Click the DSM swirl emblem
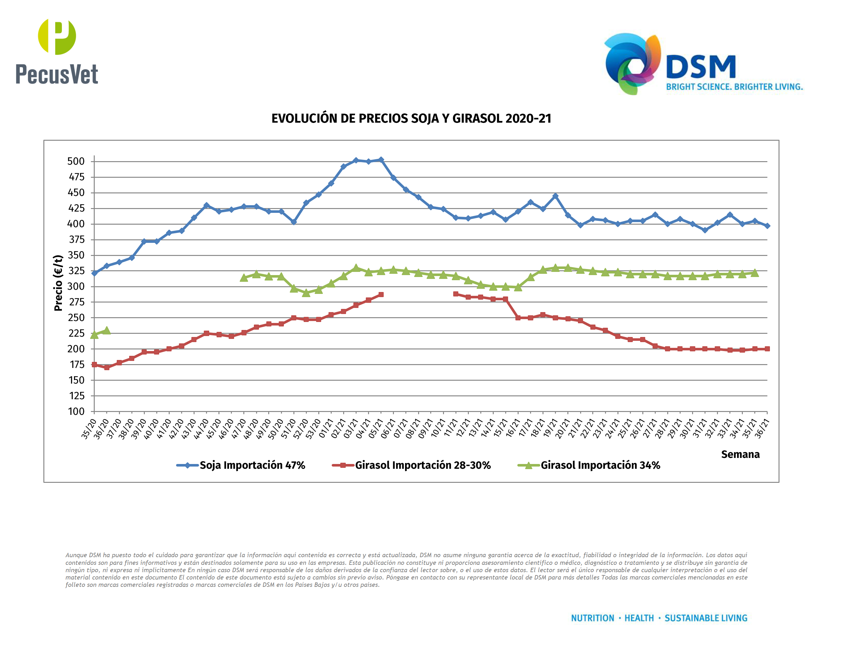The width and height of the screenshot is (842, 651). tap(632, 64)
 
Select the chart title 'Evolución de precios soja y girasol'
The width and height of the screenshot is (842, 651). tap(411, 118)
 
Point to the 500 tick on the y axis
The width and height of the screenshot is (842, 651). tap(76, 161)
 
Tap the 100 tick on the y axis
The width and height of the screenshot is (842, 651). tap(76, 412)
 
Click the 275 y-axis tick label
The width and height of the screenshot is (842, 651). tap(76, 302)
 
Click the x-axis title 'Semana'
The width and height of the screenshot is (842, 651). tap(740, 454)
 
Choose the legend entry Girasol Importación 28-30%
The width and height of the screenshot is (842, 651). tap(423, 465)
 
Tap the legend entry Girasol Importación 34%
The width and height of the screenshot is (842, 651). tap(600, 465)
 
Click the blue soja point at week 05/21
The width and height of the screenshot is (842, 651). tap(381, 160)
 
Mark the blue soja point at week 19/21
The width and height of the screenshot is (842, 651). tap(555, 196)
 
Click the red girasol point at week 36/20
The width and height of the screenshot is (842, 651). tap(107, 368)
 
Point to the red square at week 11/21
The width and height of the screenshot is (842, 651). tap(456, 294)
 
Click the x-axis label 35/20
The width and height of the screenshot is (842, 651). tap(88, 429)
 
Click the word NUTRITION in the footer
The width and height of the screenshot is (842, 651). tap(592, 618)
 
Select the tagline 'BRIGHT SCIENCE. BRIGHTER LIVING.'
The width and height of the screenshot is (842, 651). tap(734, 87)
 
